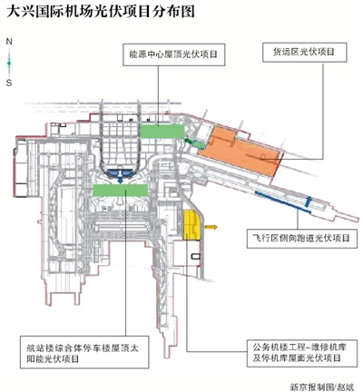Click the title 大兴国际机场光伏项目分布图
coord(101,12)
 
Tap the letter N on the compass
coord(9,42)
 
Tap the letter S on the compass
coord(9,83)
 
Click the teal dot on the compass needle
coord(9,63)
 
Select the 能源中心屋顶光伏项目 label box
coord(174,54)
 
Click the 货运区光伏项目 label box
coord(305,53)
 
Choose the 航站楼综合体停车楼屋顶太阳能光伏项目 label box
coord(84,352)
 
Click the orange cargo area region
coord(239,150)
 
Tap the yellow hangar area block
coord(191,225)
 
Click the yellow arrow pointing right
coord(211,227)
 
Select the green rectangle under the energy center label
coord(162,132)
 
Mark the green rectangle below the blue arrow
coord(120,191)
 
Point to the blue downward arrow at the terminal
coord(121,180)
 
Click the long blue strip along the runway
coord(283,202)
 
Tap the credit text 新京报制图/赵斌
coord(321,387)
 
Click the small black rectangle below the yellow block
coord(195,257)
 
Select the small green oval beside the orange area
coord(199,144)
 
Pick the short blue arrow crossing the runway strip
coord(308,201)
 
